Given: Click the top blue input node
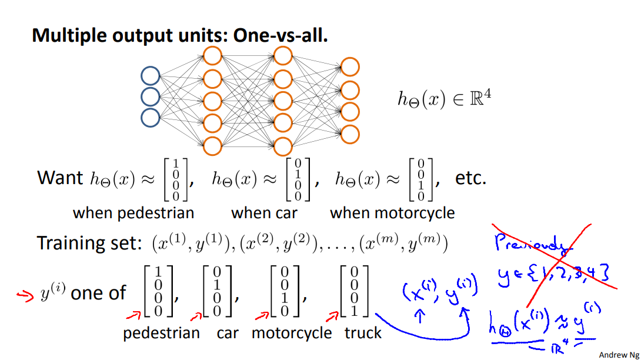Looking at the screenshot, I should [x=151, y=76].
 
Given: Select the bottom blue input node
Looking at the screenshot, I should [x=151, y=117].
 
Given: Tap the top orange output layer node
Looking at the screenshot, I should [x=350, y=67].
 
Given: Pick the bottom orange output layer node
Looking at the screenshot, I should [x=350, y=134].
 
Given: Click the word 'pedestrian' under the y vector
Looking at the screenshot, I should [x=161, y=333].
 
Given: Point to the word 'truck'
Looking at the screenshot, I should [x=363, y=333].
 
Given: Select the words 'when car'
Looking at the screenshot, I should [x=264, y=212].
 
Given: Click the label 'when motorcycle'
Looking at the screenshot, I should [x=392, y=212].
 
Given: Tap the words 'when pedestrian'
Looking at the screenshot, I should [x=133, y=212].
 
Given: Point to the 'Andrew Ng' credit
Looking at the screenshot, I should [x=619, y=354].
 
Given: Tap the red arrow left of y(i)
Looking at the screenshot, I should [x=24, y=296].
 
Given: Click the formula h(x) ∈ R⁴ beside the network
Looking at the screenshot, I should [x=444, y=98].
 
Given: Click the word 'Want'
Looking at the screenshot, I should [x=60, y=177].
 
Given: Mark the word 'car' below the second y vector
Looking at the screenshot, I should [x=228, y=333].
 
